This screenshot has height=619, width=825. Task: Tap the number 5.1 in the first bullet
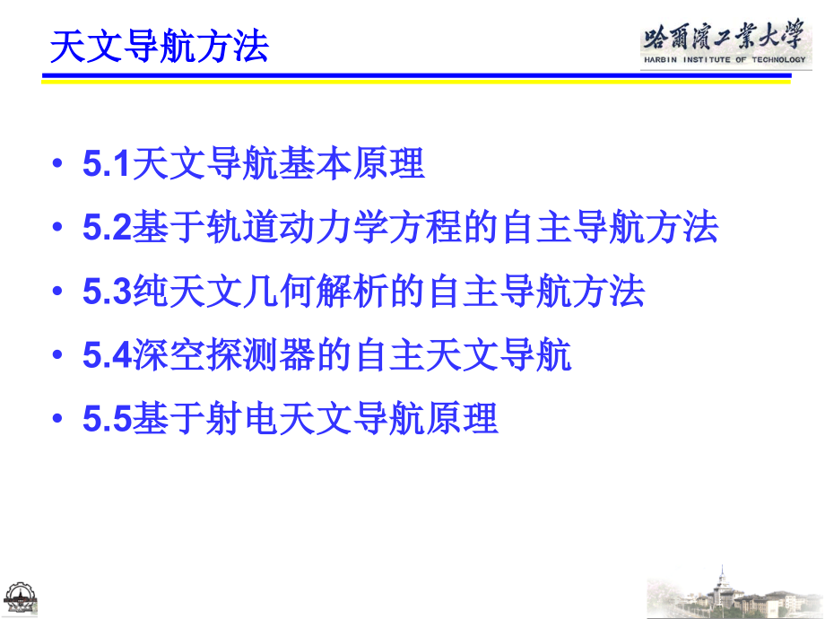[108, 165]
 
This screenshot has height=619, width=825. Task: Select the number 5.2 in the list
[108, 229]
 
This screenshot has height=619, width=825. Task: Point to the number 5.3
[108, 292]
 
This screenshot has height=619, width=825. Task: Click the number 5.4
[108, 356]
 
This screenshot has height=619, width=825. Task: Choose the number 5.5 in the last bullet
[108, 419]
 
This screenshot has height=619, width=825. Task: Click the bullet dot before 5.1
[58, 167]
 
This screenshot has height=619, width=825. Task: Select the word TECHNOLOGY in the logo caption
[773, 60]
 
